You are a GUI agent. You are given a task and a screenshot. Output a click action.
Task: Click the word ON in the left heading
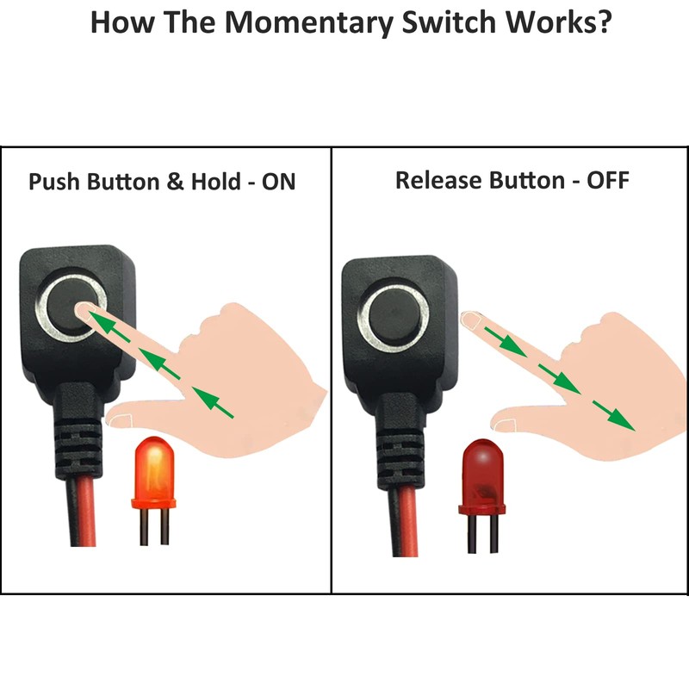(x=276, y=183)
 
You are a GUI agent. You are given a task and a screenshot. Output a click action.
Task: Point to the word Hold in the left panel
(x=213, y=183)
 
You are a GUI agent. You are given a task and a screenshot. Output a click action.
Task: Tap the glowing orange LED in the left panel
(x=152, y=473)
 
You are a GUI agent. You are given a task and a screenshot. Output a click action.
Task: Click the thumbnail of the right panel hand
(x=505, y=423)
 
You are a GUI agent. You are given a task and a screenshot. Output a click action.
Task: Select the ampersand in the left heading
(x=176, y=183)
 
